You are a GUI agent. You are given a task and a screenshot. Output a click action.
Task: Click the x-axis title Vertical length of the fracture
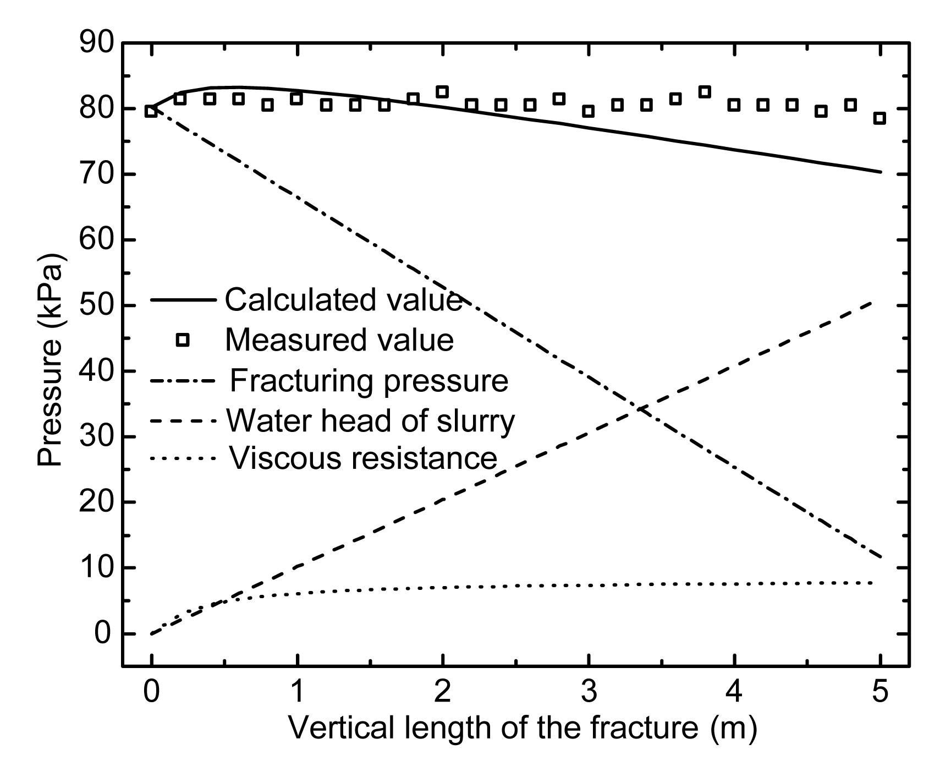tap(523, 727)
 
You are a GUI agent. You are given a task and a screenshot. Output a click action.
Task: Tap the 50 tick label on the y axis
tap(96, 306)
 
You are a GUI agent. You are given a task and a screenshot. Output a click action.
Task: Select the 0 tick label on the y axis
tap(103, 634)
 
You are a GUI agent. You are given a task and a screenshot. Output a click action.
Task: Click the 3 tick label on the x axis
tap(589, 692)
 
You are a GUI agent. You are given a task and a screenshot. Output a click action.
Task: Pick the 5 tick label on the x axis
tap(880, 692)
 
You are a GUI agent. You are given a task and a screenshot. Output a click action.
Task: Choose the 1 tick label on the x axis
tap(297, 692)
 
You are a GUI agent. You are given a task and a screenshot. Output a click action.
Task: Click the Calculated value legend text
tap(343, 300)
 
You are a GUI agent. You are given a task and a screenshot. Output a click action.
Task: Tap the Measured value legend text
tap(339, 340)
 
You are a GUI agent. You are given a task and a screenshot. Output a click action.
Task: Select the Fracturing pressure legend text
tap(369, 381)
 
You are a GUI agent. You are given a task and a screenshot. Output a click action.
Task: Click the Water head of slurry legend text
tap(370, 421)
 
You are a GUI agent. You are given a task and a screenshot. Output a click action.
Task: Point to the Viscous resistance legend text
tap(363, 458)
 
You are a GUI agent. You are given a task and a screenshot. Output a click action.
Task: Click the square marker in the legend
tap(183, 340)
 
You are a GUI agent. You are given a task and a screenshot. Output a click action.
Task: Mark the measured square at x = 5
tap(879, 118)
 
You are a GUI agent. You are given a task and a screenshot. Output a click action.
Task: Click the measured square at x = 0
tap(151, 111)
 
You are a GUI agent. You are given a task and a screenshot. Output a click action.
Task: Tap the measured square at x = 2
tap(442, 92)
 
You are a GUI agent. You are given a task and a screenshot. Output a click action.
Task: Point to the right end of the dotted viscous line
tap(872, 583)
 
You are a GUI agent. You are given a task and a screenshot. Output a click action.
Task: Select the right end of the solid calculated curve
tap(880, 172)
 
